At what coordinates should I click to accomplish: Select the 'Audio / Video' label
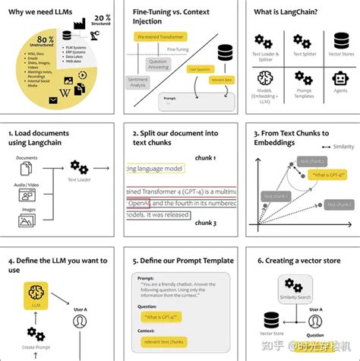[x=27, y=185]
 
